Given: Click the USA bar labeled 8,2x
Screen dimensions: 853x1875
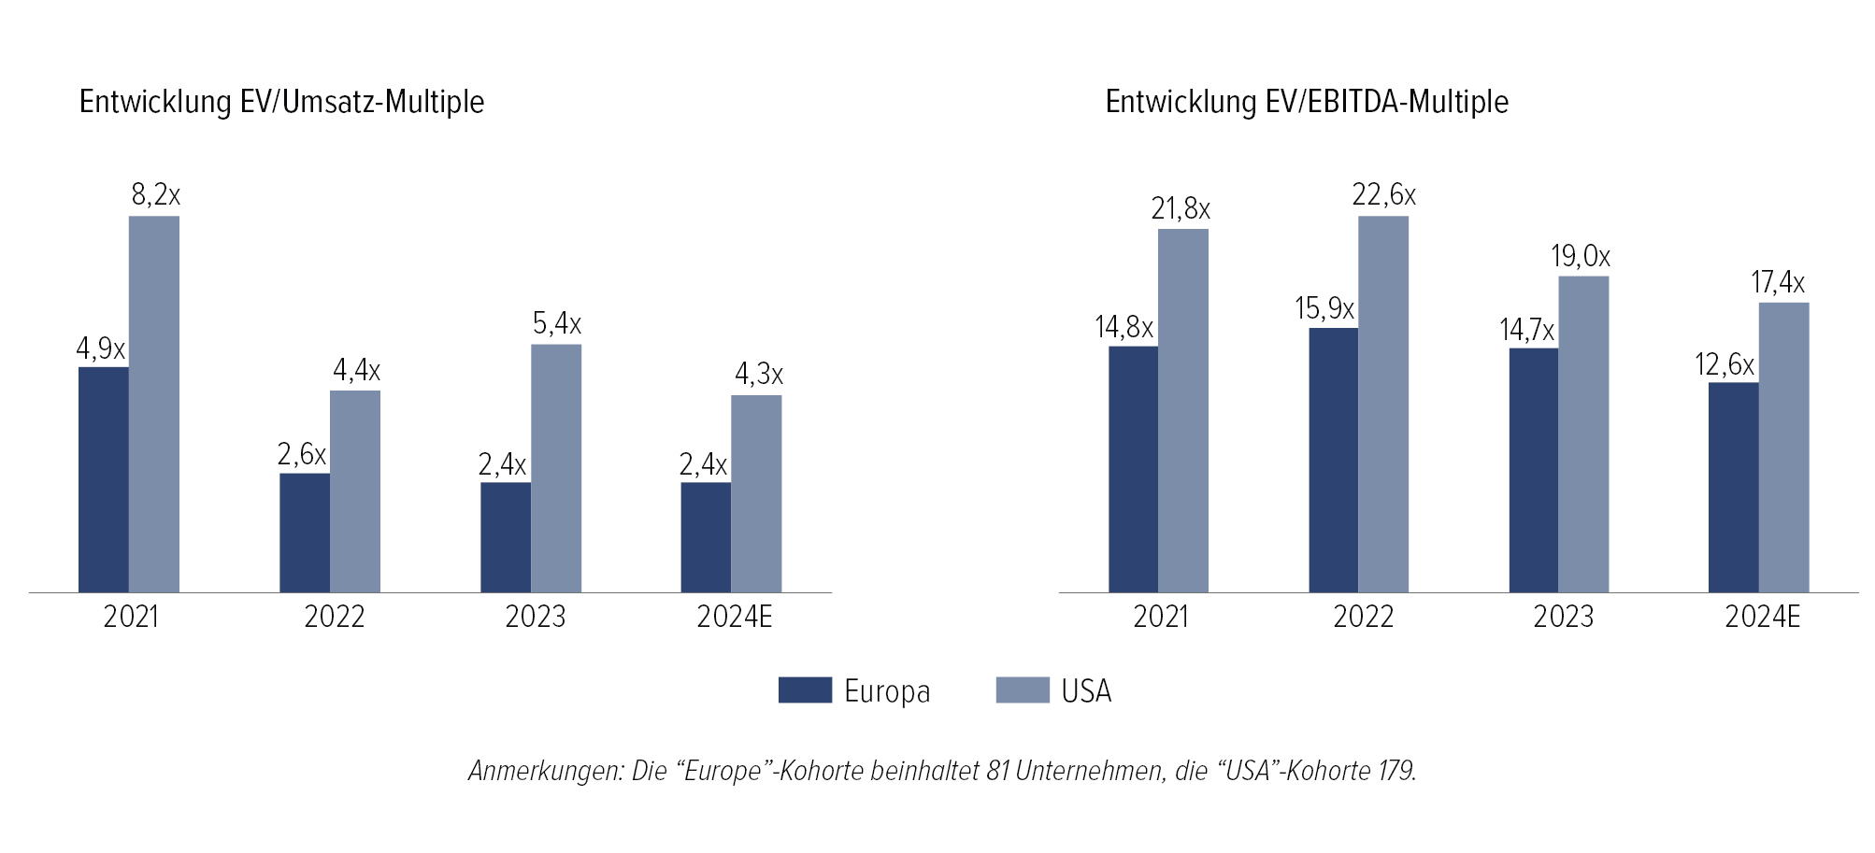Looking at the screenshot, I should pyautogui.click(x=154, y=404).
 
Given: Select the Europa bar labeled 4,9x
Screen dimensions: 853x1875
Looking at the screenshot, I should pyautogui.click(x=104, y=479).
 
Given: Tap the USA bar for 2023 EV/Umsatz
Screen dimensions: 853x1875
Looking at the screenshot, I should pyautogui.click(x=556, y=468).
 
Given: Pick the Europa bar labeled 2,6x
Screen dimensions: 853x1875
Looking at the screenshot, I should pyautogui.click(x=305, y=533).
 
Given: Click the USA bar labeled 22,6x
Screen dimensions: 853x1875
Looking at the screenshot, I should pyautogui.click(x=1383, y=404).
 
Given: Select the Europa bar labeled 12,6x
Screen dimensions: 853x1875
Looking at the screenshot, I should pyautogui.click(x=1733, y=487).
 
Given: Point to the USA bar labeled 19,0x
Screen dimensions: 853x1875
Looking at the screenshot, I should pyautogui.click(x=1583, y=434).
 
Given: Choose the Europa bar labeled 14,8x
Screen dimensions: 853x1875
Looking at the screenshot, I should pyautogui.click(x=1133, y=469).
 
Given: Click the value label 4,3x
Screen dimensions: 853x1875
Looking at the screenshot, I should pyautogui.click(x=759, y=375).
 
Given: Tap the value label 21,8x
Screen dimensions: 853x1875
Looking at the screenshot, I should pyautogui.click(x=1181, y=209).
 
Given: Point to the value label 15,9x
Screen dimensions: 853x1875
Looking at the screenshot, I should pyautogui.click(x=1324, y=308).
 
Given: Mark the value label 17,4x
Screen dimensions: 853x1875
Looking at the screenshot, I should pyautogui.click(x=1778, y=282).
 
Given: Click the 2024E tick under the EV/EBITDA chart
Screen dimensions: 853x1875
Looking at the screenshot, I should pyautogui.click(x=1762, y=617).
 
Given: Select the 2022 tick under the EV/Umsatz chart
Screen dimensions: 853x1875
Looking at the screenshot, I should pyautogui.click(x=335, y=617).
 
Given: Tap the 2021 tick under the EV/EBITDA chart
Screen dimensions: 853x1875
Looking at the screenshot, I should pyautogui.click(x=1161, y=617).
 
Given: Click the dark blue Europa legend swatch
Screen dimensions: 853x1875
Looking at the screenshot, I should pyautogui.click(x=805, y=690).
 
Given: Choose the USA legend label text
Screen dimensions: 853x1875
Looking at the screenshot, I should pyautogui.click(x=1086, y=691).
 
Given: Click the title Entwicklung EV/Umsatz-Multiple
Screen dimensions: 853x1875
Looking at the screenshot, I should pyautogui.click(x=281, y=102).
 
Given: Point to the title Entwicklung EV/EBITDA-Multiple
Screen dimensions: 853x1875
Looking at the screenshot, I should pyautogui.click(x=1307, y=102).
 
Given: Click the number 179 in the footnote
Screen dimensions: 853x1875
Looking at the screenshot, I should pyautogui.click(x=1396, y=771).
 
